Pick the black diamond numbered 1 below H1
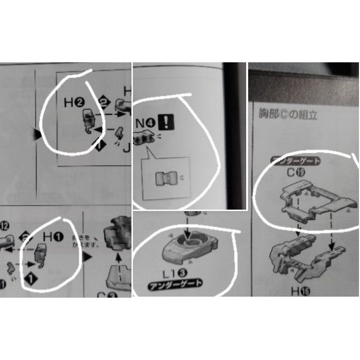coord(31,279)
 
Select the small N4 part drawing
coord(144,138)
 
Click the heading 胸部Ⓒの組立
coord(288,114)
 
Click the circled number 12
coord(6,225)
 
